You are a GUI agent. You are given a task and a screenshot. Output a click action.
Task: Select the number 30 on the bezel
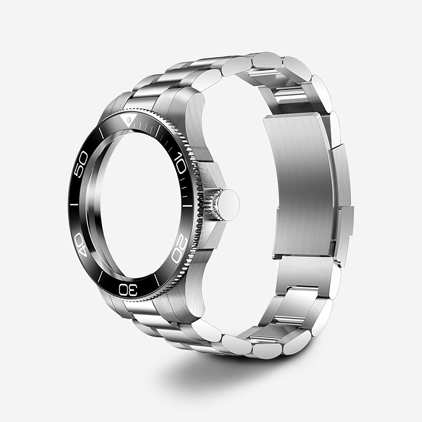tap(129, 289)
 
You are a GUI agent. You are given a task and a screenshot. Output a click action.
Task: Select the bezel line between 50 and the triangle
tap(101, 133)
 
